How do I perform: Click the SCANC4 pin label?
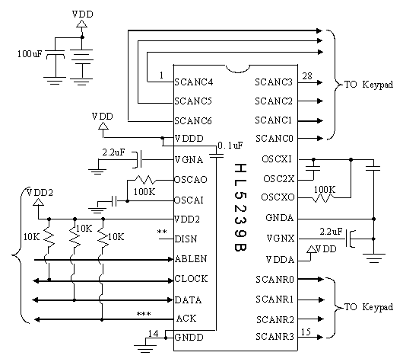(194, 82)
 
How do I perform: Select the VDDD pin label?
(189, 139)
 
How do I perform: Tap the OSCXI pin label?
(277, 159)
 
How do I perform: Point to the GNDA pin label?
(279, 218)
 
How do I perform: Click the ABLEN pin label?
(191, 258)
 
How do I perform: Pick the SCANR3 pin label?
(274, 337)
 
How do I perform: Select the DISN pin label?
(186, 239)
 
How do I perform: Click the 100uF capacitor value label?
(30, 54)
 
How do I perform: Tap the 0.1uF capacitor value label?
(230, 146)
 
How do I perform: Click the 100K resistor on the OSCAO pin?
(145, 180)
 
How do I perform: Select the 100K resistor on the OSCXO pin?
(323, 198)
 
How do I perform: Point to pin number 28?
(307, 76)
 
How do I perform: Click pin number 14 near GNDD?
(153, 333)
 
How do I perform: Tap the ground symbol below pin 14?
(145, 348)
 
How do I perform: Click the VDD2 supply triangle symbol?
(38, 202)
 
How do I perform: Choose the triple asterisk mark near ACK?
(144, 314)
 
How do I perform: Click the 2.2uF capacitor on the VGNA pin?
(139, 160)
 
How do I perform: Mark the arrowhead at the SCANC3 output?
(319, 82)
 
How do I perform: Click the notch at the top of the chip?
(238, 69)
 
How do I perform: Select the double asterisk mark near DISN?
(162, 232)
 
